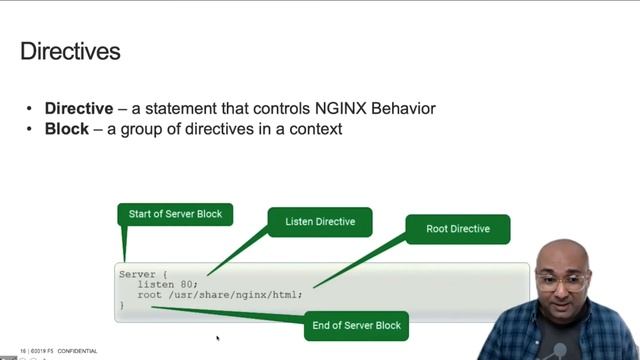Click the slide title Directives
point(70,51)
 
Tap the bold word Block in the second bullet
point(67,129)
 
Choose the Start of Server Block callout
point(176,214)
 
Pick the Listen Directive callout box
point(320,221)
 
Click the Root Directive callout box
point(458,229)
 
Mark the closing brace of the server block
point(122,304)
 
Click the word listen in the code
point(156,284)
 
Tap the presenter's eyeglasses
point(563,282)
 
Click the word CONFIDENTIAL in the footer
point(77,351)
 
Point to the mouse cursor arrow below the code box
point(217,338)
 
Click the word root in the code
point(149,294)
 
